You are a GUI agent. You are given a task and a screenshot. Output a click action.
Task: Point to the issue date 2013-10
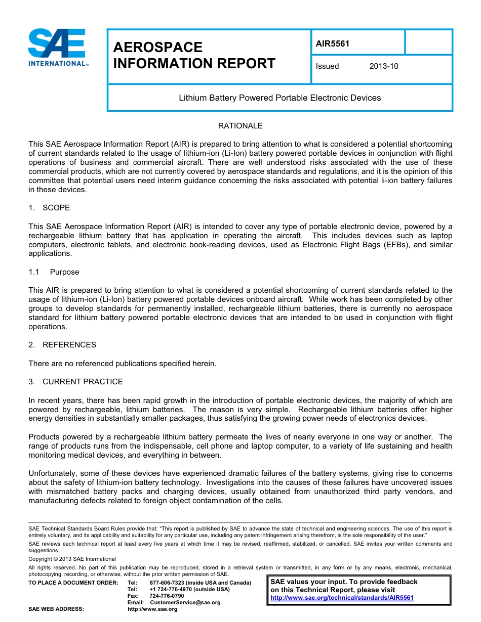pyautogui.click(x=384, y=66)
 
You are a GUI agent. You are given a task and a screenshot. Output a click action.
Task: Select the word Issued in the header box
pyautogui.click(x=327, y=66)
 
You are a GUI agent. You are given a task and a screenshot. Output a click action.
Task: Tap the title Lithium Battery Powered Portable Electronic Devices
pyautogui.click(x=279, y=98)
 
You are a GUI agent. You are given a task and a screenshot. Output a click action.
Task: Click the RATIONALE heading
pyautogui.click(x=240, y=126)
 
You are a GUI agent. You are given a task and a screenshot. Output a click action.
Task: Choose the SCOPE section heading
pyautogui.click(x=56, y=208)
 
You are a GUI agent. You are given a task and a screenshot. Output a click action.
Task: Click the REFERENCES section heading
pyautogui.click(x=69, y=345)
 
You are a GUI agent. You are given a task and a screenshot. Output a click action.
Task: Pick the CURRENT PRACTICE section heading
pyautogui.click(x=83, y=382)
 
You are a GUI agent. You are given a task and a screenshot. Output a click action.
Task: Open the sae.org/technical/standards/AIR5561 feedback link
pyautogui.click(x=342, y=598)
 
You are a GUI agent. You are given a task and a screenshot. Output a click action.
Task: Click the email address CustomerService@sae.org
pyautogui.click(x=185, y=603)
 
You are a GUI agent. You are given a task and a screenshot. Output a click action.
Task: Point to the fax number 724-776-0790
pyautogui.click(x=167, y=596)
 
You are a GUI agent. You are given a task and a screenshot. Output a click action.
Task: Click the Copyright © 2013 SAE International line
pyautogui.click(x=72, y=559)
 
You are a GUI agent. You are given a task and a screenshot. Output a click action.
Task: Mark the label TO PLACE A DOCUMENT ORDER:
pyautogui.click(x=73, y=583)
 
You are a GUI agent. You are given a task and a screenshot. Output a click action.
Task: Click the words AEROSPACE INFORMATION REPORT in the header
pyautogui.click(x=194, y=56)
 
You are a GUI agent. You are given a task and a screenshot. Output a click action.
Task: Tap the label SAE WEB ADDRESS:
pyautogui.click(x=56, y=609)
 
